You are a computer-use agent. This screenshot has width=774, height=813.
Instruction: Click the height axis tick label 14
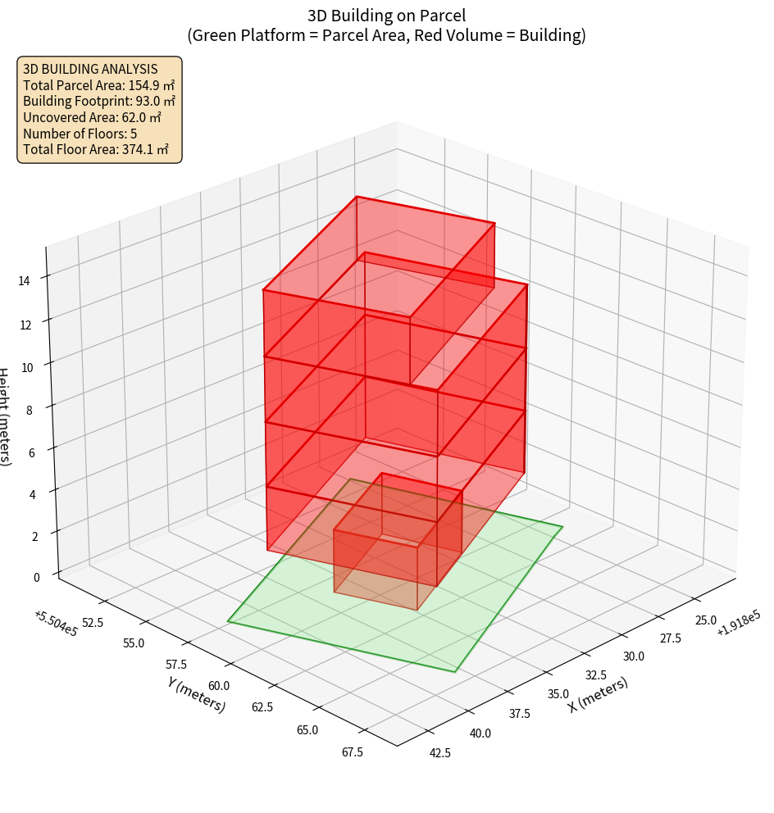(x=25, y=280)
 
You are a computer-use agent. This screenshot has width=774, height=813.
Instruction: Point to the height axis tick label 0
(x=36, y=577)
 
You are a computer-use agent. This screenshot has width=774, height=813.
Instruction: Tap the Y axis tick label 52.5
(x=92, y=623)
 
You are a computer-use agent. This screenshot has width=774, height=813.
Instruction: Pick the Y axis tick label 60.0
(x=219, y=685)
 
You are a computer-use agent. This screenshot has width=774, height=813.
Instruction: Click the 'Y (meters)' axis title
(x=196, y=693)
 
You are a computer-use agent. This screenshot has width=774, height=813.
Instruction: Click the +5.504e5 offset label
(x=56, y=622)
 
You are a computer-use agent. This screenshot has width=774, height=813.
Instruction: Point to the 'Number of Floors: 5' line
(x=80, y=134)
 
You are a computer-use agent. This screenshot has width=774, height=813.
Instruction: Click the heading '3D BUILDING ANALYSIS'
(x=90, y=69)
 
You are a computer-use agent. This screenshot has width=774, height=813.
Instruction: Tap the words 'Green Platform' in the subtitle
(x=239, y=35)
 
